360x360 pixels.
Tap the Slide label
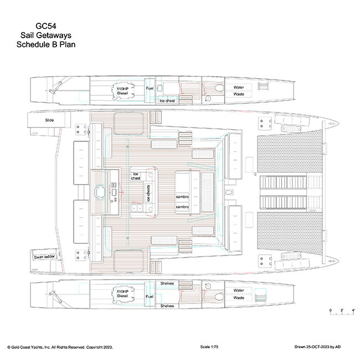coord(42,120)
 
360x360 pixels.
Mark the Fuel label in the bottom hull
coord(150,297)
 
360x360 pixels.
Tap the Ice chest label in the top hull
coord(167,101)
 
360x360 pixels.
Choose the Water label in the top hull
coord(239,87)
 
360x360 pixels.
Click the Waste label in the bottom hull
coord(239,297)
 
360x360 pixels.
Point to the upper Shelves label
coord(167,284)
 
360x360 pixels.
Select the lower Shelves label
coord(167,305)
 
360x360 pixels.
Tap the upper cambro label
coord(183,197)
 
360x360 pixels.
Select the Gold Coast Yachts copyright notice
coord(60,347)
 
